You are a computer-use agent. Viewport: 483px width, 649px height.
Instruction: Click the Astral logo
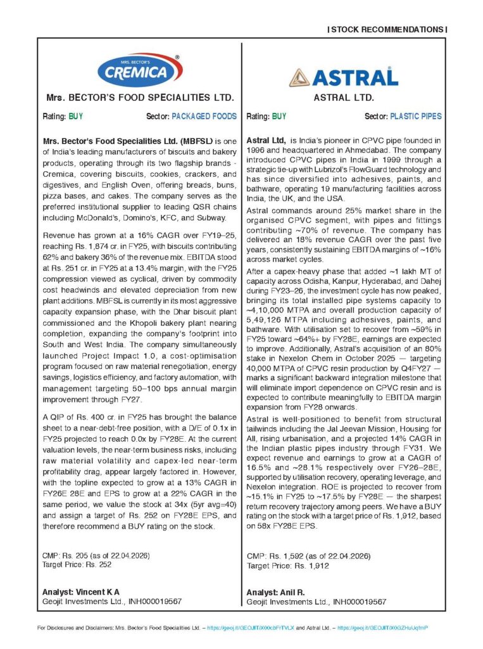[344, 76]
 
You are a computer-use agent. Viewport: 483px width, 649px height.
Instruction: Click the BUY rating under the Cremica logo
[76, 117]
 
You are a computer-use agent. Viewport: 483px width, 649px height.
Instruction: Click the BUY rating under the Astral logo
[279, 117]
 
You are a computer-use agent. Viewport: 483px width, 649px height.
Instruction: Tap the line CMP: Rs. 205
[95, 555]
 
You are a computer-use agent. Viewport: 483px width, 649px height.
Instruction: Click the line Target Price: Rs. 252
[76, 564]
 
